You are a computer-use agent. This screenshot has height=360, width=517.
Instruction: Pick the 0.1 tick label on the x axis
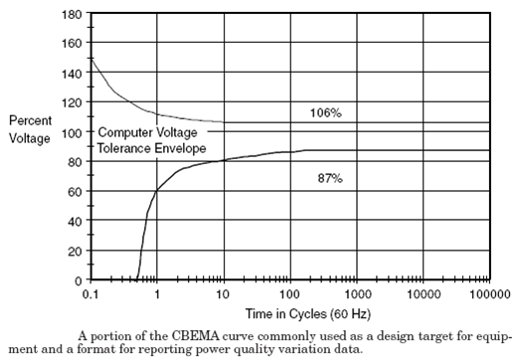[x=91, y=294]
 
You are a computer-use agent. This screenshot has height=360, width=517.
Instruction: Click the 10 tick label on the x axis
[x=222, y=294]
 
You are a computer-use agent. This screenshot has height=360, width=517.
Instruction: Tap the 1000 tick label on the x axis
[x=354, y=294]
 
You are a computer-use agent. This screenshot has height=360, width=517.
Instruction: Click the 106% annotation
[x=325, y=113]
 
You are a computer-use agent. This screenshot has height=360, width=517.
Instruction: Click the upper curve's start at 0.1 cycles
[x=92, y=60]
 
